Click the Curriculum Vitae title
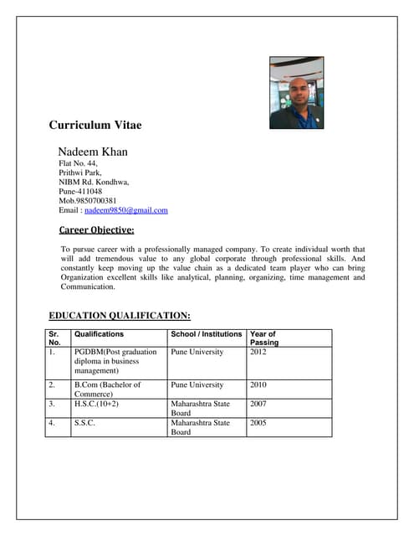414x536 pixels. click(x=95, y=126)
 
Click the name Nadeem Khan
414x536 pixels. click(x=92, y=152)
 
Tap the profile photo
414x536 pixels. click(x=296, y=93)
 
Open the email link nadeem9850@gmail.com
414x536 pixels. click(x=126, y=210)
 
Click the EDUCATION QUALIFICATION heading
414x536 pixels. click(x=120, y=316)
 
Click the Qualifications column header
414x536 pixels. click(x=100, y=334)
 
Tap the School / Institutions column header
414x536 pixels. click(x=207, y=334)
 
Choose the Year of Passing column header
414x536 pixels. click(x=264, y=338)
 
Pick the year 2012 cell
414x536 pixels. click(x=260, y=353)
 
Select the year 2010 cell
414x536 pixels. click(x=260, y=385)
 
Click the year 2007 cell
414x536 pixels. click(x=260, y=404)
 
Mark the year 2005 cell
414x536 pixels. click(x=260, y=423)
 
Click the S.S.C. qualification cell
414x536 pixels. click(x=84, y=423)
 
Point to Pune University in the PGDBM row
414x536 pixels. click(x=197, y=353)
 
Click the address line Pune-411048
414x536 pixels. click(x=80, y=191)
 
